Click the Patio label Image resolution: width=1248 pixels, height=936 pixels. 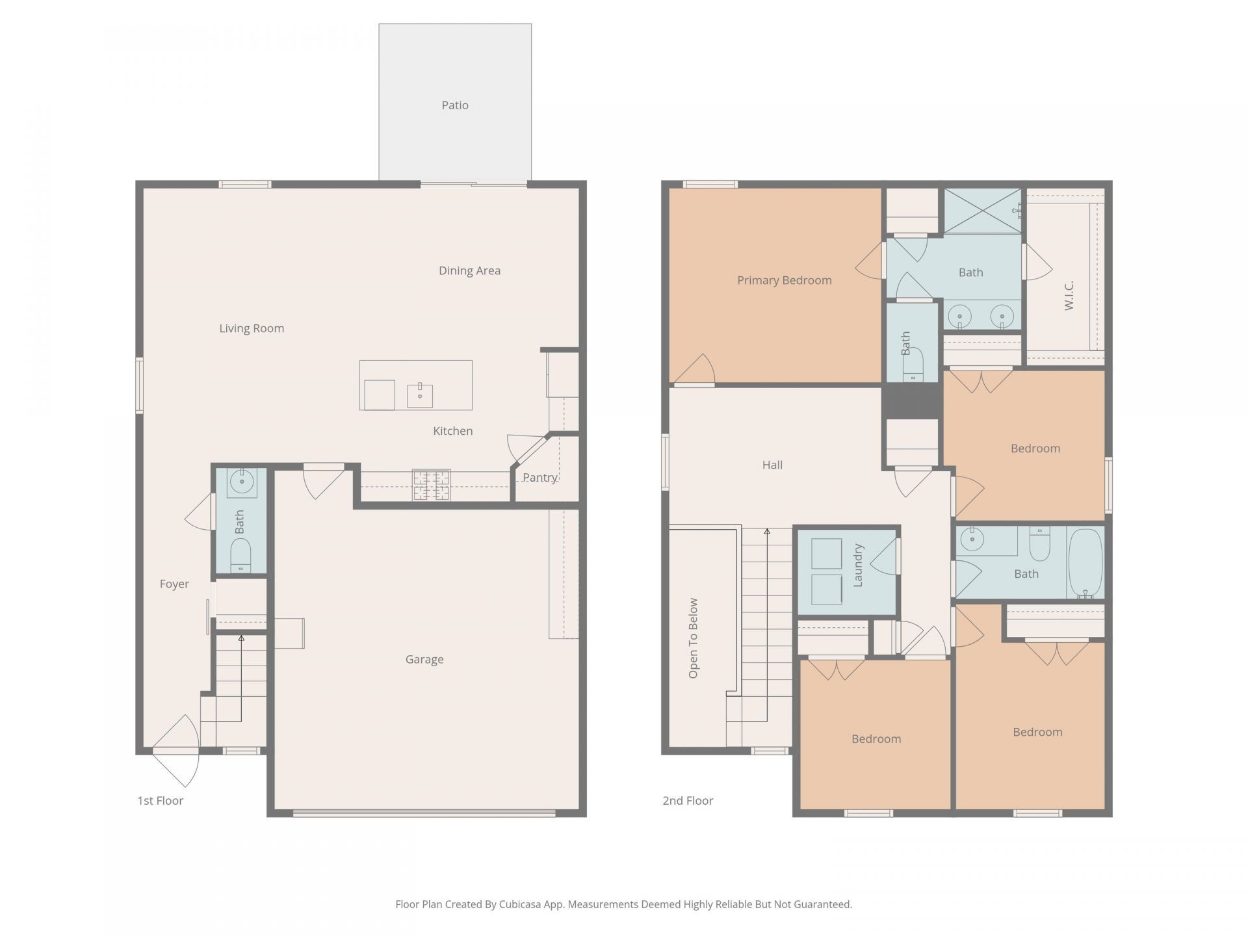coord(455,105)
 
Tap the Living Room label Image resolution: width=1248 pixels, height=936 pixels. coord(252,329)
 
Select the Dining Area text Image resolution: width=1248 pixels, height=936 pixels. coord(469,271)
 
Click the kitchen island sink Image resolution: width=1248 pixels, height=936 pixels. coord(420,395)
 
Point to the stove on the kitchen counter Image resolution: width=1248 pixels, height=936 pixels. coord(431,485)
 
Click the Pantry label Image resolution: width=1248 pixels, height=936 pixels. coord(540,478)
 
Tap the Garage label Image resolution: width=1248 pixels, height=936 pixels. coord(424,660)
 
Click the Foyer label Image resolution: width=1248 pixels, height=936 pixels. coord(174,584)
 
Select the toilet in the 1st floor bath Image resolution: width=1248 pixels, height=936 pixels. coord(240,558)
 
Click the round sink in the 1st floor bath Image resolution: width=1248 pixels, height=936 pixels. coord(242,482)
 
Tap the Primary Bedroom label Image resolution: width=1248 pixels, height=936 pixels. coord(785,281)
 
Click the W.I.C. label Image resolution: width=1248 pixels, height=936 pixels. coord(1069,296)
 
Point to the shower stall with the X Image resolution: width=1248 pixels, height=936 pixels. coord(982,211)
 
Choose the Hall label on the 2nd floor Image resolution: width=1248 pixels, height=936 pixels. coord(772,465)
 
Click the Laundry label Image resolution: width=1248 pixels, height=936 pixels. coord(858,565)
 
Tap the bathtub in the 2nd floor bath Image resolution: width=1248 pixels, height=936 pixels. coord(1085,563)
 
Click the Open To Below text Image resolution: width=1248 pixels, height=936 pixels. coord(693,638)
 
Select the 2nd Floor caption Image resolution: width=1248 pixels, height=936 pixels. coord(688,801)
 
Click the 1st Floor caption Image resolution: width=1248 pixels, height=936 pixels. coord(160,801)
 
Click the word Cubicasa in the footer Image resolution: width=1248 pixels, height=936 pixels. coord(521,904)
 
